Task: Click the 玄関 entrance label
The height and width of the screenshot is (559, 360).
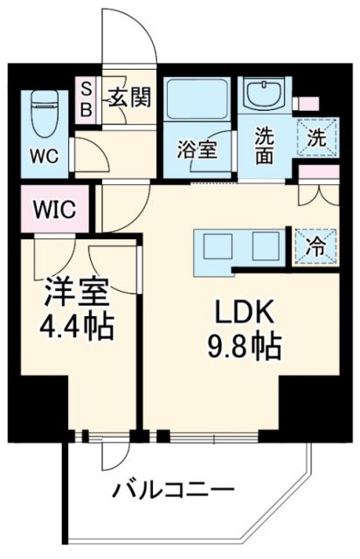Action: tap(129, 96)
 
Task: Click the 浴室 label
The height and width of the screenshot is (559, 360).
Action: tap(198, 149)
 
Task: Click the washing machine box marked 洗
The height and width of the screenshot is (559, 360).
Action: tap(317, 137)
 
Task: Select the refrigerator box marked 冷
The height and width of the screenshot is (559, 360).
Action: tap(315, 246)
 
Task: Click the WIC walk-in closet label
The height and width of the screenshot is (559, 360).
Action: tap(56, 210)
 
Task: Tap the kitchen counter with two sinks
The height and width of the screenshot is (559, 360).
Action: tap(239, 245)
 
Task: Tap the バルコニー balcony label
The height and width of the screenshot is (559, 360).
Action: tap(171, 490)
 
